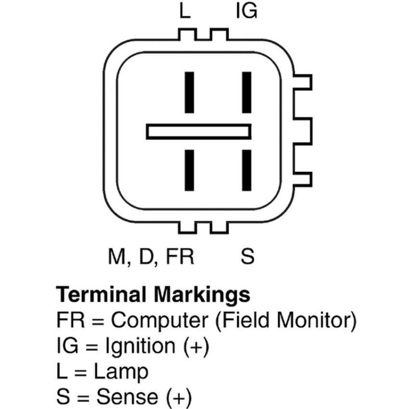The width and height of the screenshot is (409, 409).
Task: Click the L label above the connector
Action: [x=185, y=12]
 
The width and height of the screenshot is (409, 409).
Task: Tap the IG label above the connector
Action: [x=246, y=12]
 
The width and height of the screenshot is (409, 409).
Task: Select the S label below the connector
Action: [x=247, y=256]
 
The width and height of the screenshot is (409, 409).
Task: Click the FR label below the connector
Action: [x=180, y=256]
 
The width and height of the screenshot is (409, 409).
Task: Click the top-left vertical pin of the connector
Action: [x=190, y=92]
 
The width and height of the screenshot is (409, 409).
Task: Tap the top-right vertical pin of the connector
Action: [x=247, y=92]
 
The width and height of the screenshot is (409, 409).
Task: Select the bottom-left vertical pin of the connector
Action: [x=190, y=170]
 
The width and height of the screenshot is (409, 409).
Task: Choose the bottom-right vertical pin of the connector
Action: [x=247, y=170]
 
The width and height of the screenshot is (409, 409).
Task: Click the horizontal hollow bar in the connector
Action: [x=199, y=126]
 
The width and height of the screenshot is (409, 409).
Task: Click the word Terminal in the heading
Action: [x=101, y=294]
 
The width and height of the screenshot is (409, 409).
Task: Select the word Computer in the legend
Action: [x=160, y=320]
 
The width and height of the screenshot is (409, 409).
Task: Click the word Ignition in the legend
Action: [x=140, y=346]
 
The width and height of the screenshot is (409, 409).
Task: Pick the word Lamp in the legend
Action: [x=121, y=372]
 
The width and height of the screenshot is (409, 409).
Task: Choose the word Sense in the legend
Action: [x=128, y=397]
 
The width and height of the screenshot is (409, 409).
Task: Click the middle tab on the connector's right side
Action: [x=303, y=131]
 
